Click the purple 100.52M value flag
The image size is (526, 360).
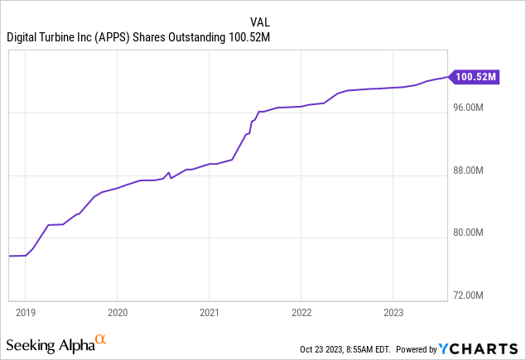(x=475, y=77)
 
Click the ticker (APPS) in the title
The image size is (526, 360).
(x=122, y=36)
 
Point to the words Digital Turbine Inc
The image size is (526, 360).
(x=52, y=36)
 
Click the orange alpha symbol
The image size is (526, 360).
(x=101, y=338)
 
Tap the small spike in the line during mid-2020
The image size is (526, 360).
(x=169, y=173)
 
